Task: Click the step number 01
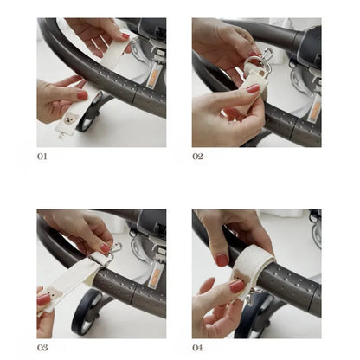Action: [x=42, y=157]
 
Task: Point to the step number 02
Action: [x=197, y=157]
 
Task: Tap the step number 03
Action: [x=42, y=348]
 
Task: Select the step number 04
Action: [x=198, y=348]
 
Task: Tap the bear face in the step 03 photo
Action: [x=54, y=293]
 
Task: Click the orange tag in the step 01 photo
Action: [x=152, y=79]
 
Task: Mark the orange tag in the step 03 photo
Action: [x=152, y=278]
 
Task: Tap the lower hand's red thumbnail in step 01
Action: [x=82, y=95]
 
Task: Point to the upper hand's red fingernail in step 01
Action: [x=125, y=36]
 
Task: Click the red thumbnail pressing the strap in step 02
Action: [x=254, y=88]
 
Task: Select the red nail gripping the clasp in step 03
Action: [x=106, y=248]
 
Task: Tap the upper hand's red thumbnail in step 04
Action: [x=222, y=260]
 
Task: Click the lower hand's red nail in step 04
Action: [x=237, y=286]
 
